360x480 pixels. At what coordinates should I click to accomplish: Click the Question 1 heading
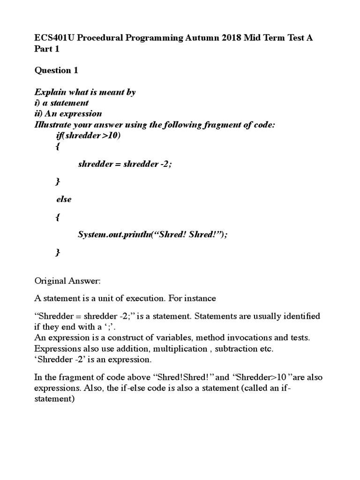56,70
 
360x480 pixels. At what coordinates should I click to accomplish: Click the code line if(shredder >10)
88,135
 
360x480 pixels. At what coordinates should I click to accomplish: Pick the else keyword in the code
64,199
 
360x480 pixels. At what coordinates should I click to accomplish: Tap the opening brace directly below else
58,217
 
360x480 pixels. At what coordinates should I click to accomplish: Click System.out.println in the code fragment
112,235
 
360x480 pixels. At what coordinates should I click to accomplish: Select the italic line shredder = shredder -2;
122,164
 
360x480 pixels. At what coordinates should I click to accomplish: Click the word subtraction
236,348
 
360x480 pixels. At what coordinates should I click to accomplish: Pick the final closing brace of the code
58,253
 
